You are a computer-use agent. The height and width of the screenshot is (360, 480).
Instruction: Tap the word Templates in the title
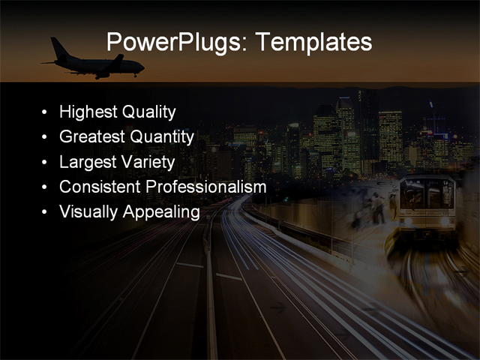tap(313, 42)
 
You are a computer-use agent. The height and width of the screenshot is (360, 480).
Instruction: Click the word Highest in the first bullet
tap(88, 112)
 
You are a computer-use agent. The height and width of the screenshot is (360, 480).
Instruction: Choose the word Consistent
tap(100, 187)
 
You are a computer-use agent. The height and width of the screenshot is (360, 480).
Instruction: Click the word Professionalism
tap(205, 187)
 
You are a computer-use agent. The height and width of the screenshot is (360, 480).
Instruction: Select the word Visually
tap(87, 211)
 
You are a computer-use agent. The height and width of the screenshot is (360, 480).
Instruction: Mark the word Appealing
tap(160, 211)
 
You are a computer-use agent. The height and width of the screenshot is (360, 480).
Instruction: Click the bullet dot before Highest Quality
tap(45, 113)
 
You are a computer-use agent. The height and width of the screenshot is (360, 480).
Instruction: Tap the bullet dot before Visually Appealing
tap(45, 212)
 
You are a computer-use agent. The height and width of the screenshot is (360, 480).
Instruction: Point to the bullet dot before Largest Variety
tap(45, 163)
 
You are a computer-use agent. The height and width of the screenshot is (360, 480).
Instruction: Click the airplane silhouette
tap(94, 64)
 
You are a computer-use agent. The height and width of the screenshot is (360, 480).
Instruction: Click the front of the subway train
tap(426, 202)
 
